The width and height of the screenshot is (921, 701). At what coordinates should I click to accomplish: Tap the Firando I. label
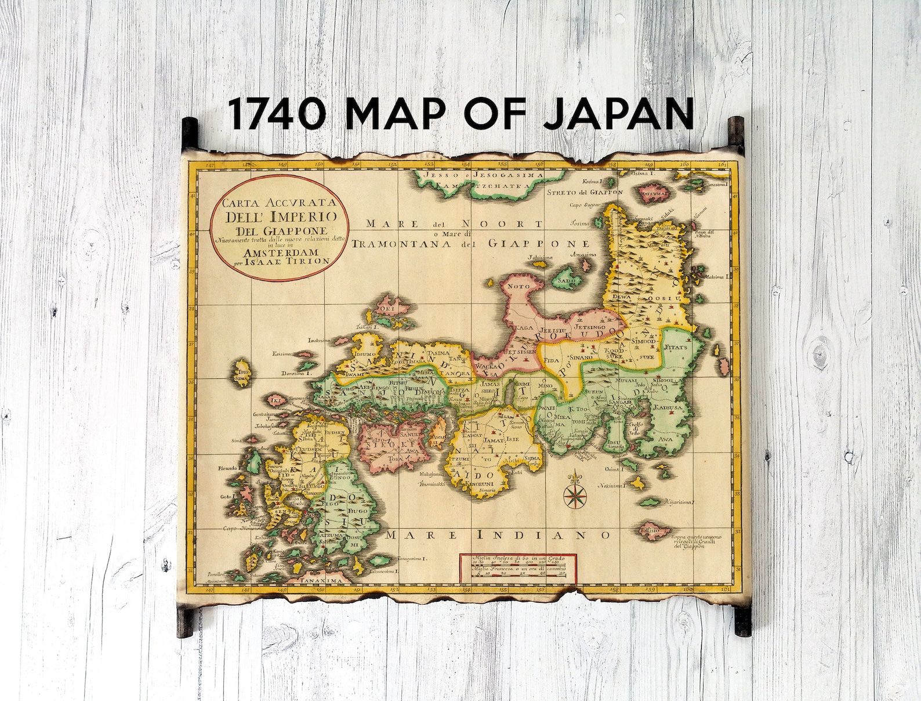tap(229, 467)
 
